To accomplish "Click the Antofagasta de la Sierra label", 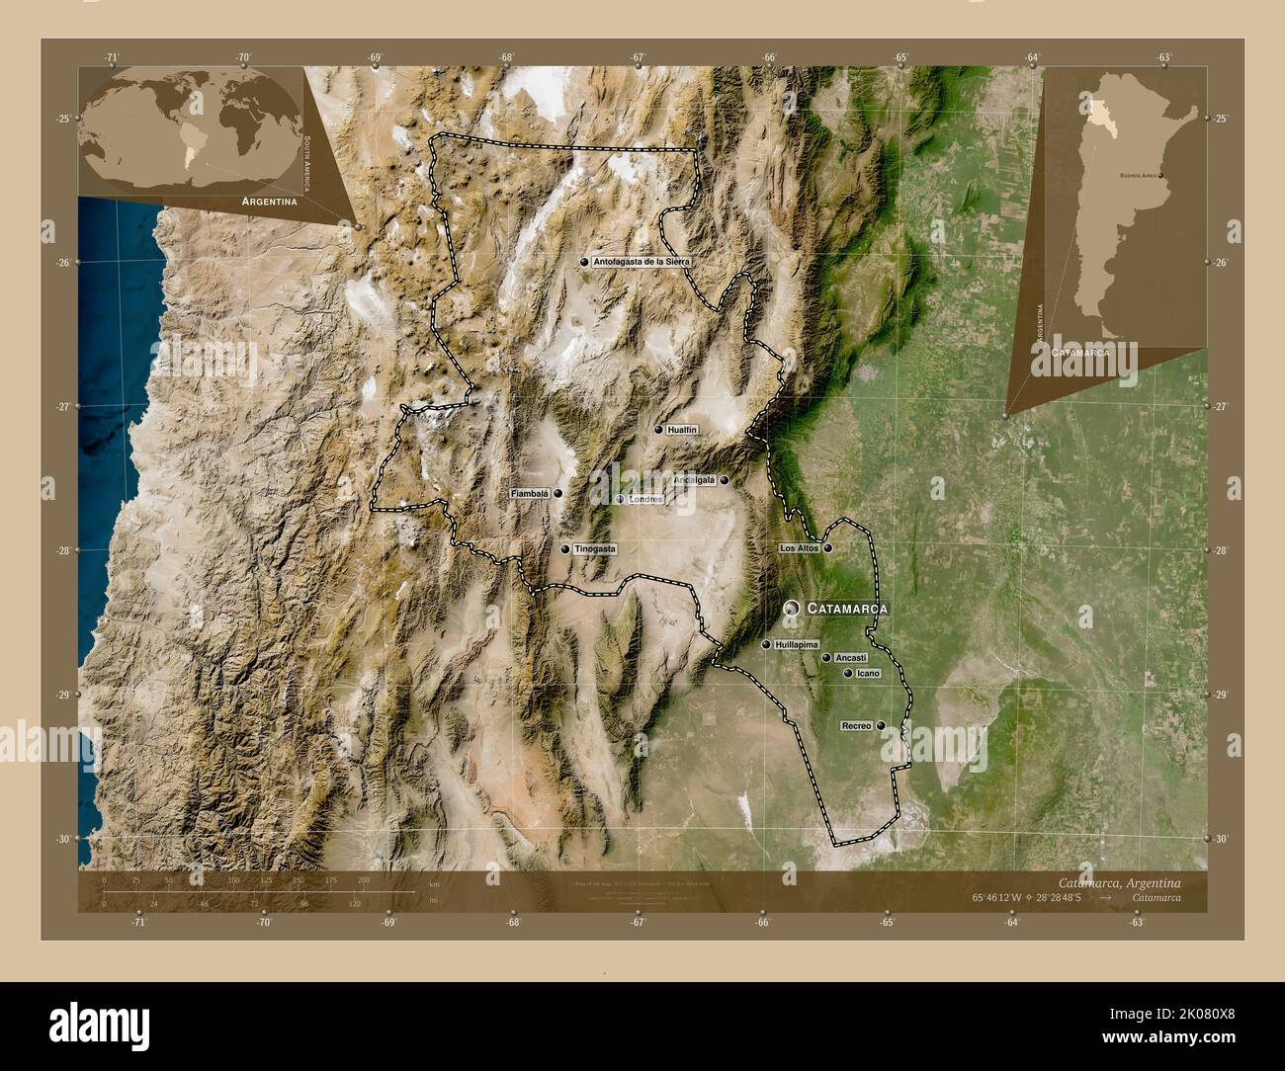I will (x=639, y=262).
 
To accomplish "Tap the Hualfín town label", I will (x=682, y=430).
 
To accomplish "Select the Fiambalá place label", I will (x=529, y=493).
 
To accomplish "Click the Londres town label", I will (x=644, y=500).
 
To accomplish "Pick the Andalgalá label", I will (x=694, y=480).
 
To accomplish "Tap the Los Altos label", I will (x=799, y=547).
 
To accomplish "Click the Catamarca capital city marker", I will (x=792, y=609).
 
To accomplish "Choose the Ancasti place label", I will (x=851, y=657).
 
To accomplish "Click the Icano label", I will (x=868, y=674).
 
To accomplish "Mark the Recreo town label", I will (x=856, y=726).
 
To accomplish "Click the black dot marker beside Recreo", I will (x=881, y=726).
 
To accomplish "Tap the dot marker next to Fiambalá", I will (x=558, y=493).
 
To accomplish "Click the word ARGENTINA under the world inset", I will (x=264, y=201).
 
